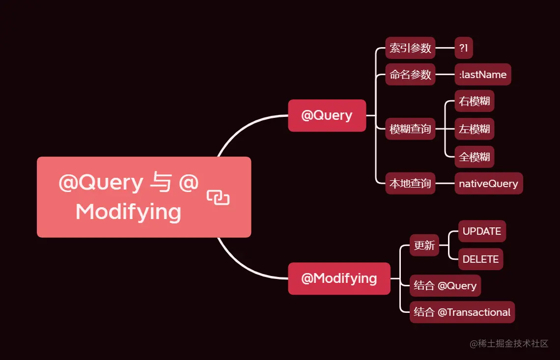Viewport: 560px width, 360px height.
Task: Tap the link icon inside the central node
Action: pos(218,197)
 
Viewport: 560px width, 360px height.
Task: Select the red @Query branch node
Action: pos(327,115)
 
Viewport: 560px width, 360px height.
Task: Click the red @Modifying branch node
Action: pos(339,278)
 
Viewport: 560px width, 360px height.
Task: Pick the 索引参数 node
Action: pos(410,48)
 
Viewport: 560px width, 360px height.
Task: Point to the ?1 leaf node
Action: pos(464,48)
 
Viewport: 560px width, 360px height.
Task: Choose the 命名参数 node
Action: pos(410,75)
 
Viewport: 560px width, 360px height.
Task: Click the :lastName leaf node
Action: pos(482,75)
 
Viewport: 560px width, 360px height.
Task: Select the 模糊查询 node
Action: pos(410,129)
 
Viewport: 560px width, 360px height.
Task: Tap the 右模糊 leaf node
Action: pos(474,101)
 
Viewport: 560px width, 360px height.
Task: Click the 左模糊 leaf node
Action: pos(474,129)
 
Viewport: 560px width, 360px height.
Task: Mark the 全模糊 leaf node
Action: pos(474,157)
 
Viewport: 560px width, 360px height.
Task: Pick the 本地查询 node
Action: pos(410,184)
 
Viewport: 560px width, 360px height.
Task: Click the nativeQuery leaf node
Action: pos(488,184)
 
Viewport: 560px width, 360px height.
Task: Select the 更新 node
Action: pos(424,245)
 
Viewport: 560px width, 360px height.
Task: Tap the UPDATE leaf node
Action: pos(481,231)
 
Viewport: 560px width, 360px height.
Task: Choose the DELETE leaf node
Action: pos(480,259)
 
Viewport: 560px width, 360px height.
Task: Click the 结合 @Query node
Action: pos(445,286)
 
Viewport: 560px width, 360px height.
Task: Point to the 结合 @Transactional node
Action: pos(462,312)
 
